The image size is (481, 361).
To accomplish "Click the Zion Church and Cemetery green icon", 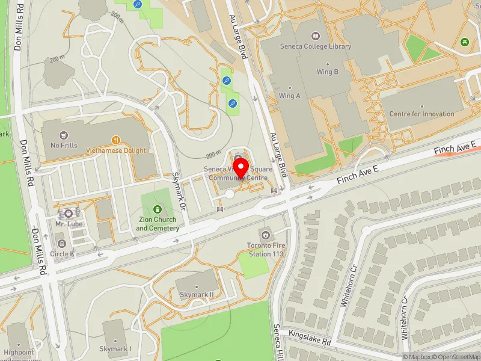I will coord(158,209).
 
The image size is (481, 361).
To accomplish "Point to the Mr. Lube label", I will coord(69,224).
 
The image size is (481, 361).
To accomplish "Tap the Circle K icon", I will coord(62,243).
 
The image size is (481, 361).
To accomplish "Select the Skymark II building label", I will coord(197,294).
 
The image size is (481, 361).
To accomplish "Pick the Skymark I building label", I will coord(117,349).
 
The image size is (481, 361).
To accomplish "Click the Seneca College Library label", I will coord(315,46).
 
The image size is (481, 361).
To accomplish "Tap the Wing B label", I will coord(328,72).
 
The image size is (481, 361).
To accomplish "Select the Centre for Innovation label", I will coord(421,114).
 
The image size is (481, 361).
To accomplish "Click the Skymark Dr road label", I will coord(179,188).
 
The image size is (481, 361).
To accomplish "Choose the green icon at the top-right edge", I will coord(464,42).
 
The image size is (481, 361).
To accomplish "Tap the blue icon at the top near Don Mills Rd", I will coord(138,4).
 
